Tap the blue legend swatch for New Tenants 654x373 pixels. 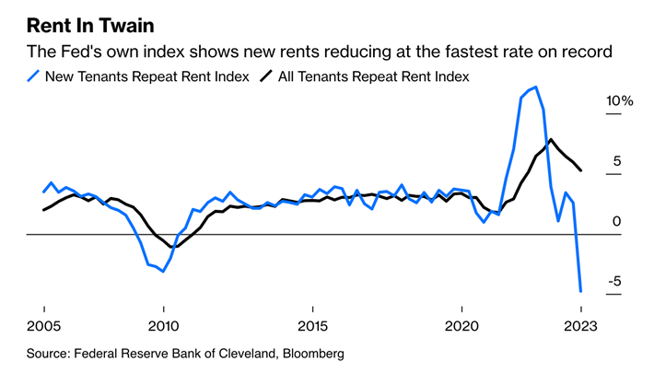click(x=34, y=76)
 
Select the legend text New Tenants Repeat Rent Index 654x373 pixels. click(x=147, y=76)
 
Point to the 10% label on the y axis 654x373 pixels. click(x=592, y=100)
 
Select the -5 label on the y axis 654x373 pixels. click(x=600, y=281)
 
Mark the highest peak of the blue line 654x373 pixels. click(x=536, y=87)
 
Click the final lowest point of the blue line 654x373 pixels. click(x=581, y=291)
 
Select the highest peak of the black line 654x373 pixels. click(x=551, y=140)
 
